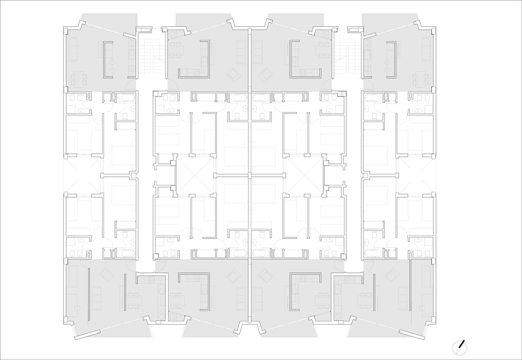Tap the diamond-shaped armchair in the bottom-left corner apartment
pos(107,276)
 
